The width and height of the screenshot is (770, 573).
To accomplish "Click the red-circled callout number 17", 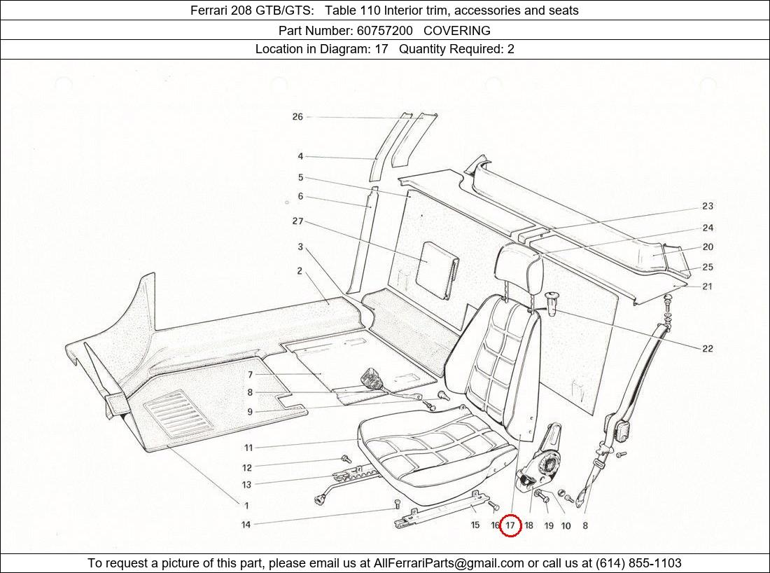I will [510, 525].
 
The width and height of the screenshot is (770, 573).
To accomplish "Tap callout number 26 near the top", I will [297, 117].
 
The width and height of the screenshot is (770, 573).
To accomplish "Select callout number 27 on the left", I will [297, 221].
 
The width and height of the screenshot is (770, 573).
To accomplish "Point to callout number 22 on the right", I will [708, 349].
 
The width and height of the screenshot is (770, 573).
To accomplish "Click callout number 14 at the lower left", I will [246, 525].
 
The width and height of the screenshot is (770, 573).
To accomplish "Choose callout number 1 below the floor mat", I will [246, 505].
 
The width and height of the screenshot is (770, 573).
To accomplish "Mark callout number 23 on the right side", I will [708, 206].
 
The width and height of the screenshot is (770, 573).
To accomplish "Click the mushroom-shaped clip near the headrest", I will [552, 303].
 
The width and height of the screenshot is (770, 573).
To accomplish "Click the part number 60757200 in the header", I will [384, 30].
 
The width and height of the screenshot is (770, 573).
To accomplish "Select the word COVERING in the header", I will [456, 30].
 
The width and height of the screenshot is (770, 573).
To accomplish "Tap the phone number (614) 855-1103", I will [638, 563].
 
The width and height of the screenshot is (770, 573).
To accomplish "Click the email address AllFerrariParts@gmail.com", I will [449, 563].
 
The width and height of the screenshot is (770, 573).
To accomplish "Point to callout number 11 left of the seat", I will [248, 448].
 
